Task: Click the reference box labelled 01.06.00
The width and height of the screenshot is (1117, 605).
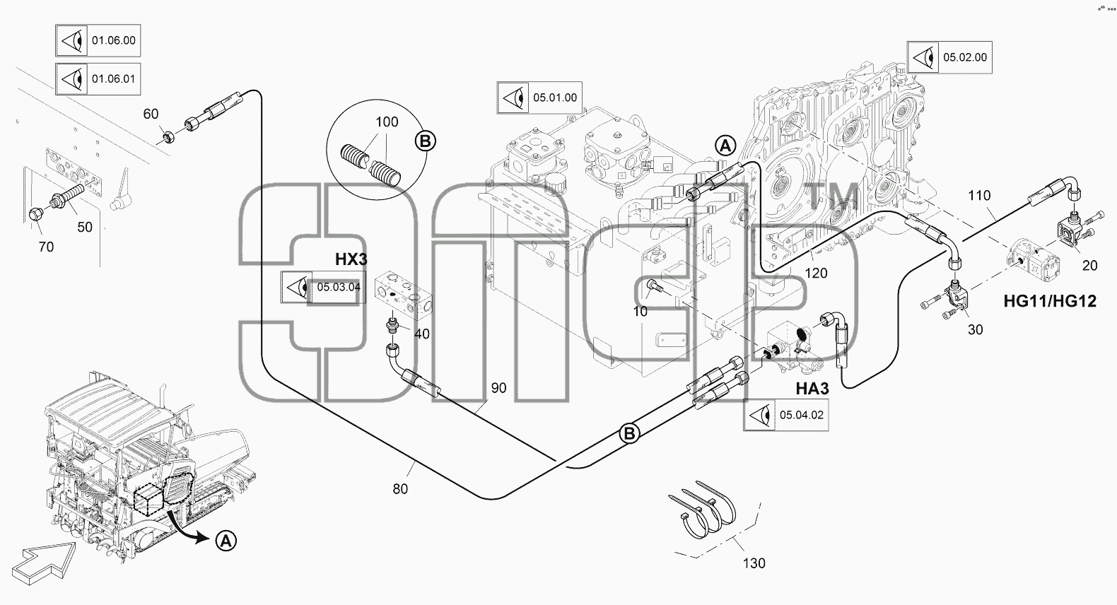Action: [98, 40]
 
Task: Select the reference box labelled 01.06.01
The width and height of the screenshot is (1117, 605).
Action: [98, 78]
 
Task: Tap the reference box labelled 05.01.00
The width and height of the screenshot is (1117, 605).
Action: [539, 98]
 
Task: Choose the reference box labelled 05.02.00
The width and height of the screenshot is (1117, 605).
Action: [949, 57]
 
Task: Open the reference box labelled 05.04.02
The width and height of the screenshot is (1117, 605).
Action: [786, 415]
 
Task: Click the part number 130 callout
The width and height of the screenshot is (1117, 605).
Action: [754, 563]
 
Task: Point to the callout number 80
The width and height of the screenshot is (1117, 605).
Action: [400, 489]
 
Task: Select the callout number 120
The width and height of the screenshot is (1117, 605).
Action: [816, 273]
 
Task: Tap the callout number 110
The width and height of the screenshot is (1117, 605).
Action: [979, 195]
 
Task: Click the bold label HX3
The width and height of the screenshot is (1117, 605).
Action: [351, 259]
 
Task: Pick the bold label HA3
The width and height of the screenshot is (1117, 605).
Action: [812, 389]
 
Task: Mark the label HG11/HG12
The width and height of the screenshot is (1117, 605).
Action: [1050, 301]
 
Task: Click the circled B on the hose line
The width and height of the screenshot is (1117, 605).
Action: [629, 433]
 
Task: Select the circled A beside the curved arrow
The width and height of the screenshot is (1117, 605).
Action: [226, 541]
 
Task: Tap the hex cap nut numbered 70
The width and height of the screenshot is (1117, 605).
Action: [35, 214]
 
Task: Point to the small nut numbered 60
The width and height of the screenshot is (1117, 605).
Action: [168, 136]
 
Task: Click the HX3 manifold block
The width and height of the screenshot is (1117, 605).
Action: [404, 295]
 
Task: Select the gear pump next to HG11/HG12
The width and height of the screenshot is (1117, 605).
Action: [1034, 263]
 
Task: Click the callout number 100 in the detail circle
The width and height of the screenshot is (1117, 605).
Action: [387, 122]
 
